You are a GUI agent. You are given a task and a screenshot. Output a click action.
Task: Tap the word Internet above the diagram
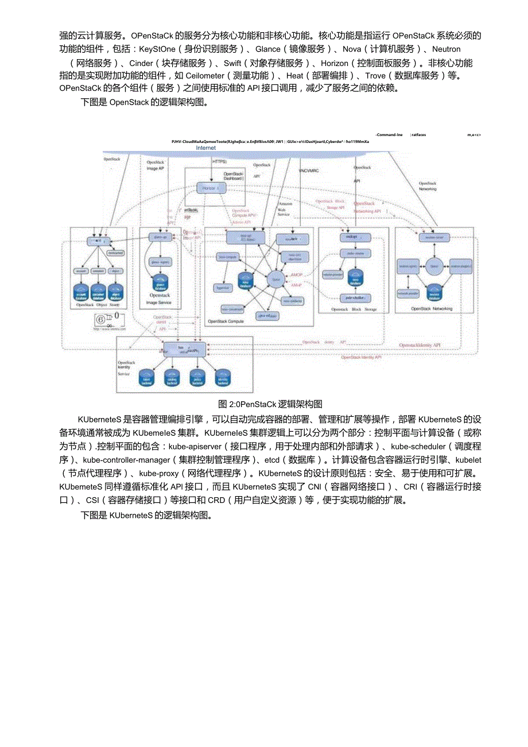point(206,148)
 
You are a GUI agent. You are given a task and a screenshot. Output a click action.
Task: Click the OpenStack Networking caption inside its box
point(432,308)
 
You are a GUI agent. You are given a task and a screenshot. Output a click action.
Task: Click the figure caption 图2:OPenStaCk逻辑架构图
point(270,403)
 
